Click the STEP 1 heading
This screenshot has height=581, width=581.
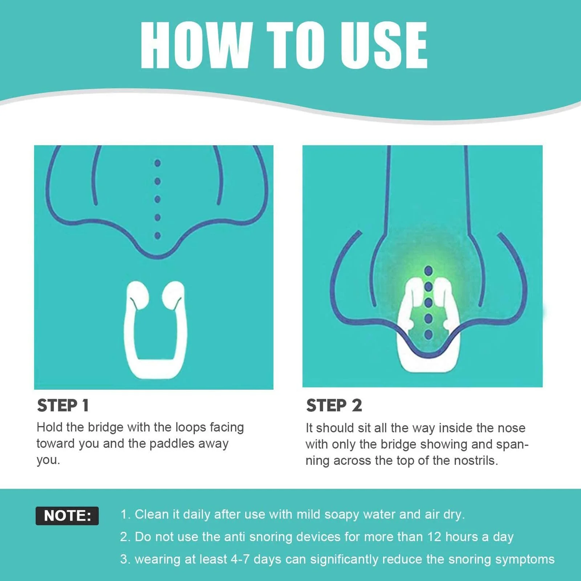point(63,405)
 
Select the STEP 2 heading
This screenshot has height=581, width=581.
point(334,405)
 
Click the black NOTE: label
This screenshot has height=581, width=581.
point(67,516)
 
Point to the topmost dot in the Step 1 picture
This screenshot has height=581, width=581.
point(158,163)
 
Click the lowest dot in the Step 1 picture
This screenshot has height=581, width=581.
point(158,236)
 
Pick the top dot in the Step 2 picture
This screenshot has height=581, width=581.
point(428,271)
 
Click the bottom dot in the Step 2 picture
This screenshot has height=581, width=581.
point(428,334)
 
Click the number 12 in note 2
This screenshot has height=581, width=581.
point(434,537)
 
